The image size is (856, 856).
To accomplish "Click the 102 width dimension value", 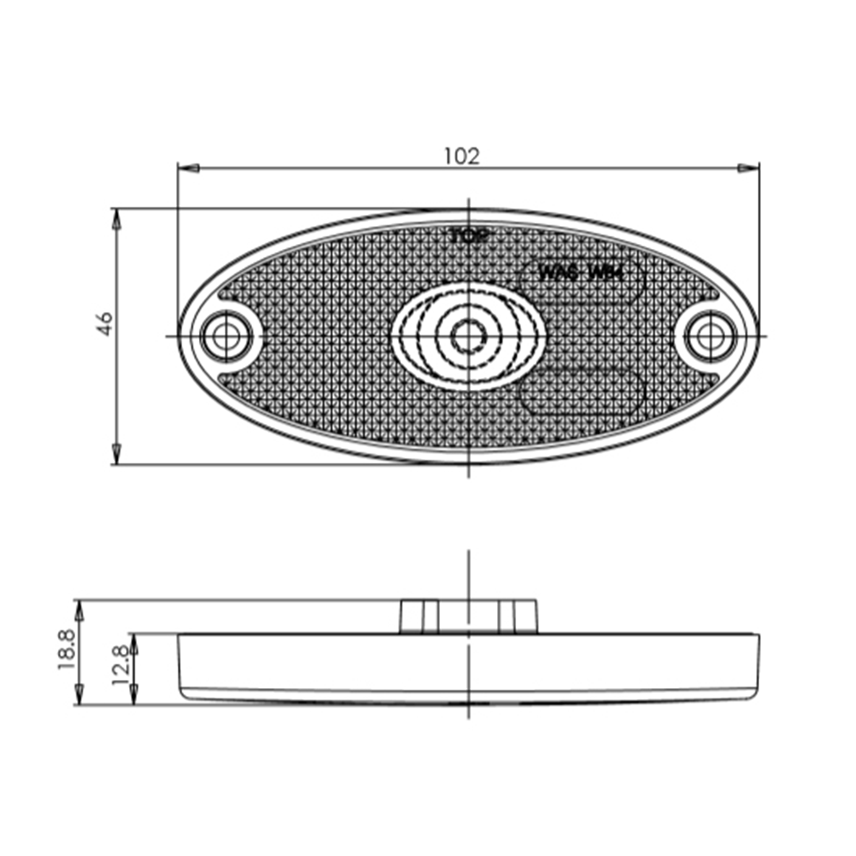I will [x=461, y=156].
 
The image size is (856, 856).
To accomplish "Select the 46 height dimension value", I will [x=105, y=323].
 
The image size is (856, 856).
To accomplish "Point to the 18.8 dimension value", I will [x=67, y=649].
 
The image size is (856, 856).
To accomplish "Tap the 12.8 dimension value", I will [x=120, y=664].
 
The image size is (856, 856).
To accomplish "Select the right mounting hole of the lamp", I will [x=710, y=337].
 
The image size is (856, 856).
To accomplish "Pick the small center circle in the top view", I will [x=468, y=337].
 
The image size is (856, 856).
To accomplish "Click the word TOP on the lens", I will [x=470, y=235].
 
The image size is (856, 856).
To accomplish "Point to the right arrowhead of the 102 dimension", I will [x=748, y=168].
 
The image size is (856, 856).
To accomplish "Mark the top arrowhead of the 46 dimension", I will [x=117, y=219].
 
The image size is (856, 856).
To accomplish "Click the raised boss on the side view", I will [x=468, y=617].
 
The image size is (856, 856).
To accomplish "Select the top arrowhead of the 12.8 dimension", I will [x=134, y=643].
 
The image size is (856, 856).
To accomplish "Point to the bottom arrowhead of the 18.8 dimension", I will [x=78, y=695].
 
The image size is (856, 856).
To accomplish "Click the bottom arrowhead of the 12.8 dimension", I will [x=134, y=695].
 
